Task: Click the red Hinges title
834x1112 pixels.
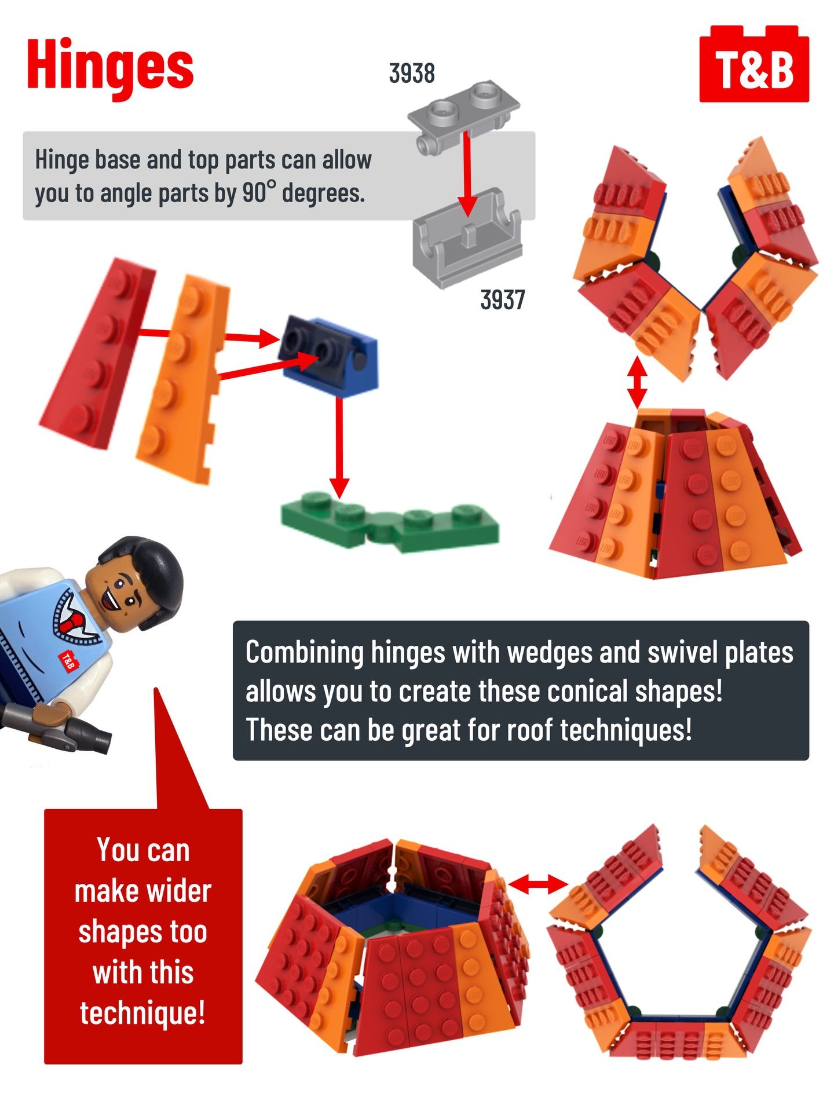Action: click(x=110, y=68)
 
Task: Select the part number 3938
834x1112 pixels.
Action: click(x=411, y=74)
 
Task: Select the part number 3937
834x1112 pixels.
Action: click(x=502, y=300)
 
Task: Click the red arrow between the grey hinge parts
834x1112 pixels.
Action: click(x=467, y=174)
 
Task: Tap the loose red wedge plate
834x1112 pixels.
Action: click(x=96, y=353)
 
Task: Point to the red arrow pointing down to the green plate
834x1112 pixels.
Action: click(x=339, y=446)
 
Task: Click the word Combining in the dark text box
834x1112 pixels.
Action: click(x=304, y=653)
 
